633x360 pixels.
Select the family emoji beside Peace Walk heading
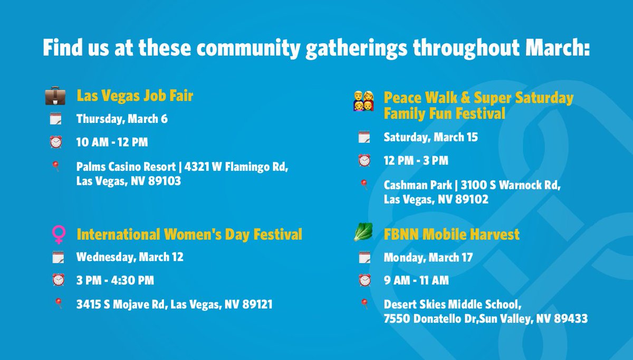pyautogui.click(x=363, y=101)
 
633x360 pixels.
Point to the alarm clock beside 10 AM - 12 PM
pyautogui.click(x=56, y=142)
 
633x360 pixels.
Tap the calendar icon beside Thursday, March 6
pyautogui.click(x=56, y=119)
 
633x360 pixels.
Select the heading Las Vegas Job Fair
pyautogui.click(x=135, y=96)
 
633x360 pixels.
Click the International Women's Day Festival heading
pyautogui.click(x=189, y=234)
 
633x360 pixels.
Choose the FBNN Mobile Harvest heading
pyautogui.click(x=452, y=234)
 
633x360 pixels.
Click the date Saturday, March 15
pyautogui.click(x=430, y=137)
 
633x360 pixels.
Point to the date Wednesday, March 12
pyautogui.click(x=130, y=257)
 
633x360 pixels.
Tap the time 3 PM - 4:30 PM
pyautogui.click(x=115, y=280)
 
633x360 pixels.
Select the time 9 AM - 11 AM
pyautogui.click(x=416, y=280)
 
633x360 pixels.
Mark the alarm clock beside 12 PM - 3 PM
pyautogui.click(x=364, y=160)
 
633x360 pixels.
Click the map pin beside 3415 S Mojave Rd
pyautogui.click(x=57, y=303)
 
